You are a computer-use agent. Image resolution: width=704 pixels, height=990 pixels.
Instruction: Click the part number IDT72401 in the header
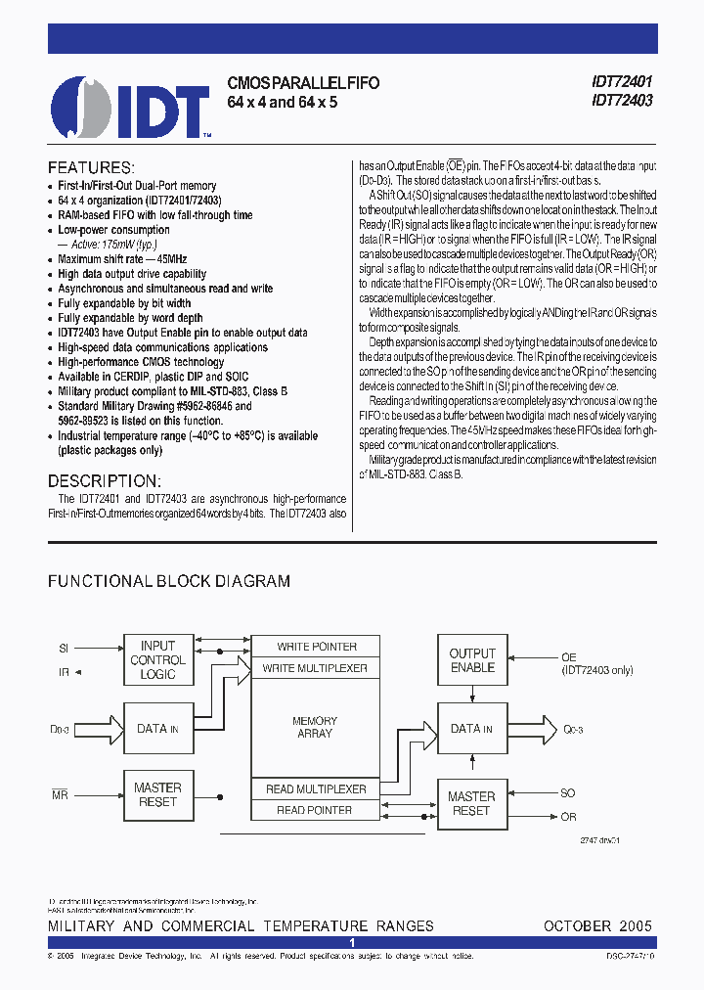(x=622, y=83)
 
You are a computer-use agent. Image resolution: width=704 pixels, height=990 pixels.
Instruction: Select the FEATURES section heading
(x=91, y=167)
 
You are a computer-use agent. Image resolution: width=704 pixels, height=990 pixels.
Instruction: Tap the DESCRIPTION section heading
(x=104, y=481)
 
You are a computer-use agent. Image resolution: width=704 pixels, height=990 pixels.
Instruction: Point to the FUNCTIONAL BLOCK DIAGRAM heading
(x=169, y=581)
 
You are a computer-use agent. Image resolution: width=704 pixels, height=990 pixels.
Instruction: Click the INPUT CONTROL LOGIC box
(x=158, y=660)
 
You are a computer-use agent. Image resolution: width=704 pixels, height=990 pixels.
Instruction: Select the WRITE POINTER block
(x=317, y=647)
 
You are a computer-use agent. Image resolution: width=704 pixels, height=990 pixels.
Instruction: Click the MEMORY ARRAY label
(x=314, y=727)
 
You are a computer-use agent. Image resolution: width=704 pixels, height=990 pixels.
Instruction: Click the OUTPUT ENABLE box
(x=472, y=660)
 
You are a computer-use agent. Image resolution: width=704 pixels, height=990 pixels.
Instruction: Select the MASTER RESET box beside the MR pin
(x=158, y=794)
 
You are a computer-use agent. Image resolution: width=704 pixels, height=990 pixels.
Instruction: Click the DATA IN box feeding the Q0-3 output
(x=472, y=729)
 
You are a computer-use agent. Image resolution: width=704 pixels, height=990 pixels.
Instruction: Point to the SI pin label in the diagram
(x=64, y=648)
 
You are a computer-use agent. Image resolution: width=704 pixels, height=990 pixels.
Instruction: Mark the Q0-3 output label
(x=574, y=730)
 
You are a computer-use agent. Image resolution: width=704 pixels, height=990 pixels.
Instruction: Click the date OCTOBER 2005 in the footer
(x=597, y=925)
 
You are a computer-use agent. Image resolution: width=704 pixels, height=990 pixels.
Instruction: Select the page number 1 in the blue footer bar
(x=352, y=942)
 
